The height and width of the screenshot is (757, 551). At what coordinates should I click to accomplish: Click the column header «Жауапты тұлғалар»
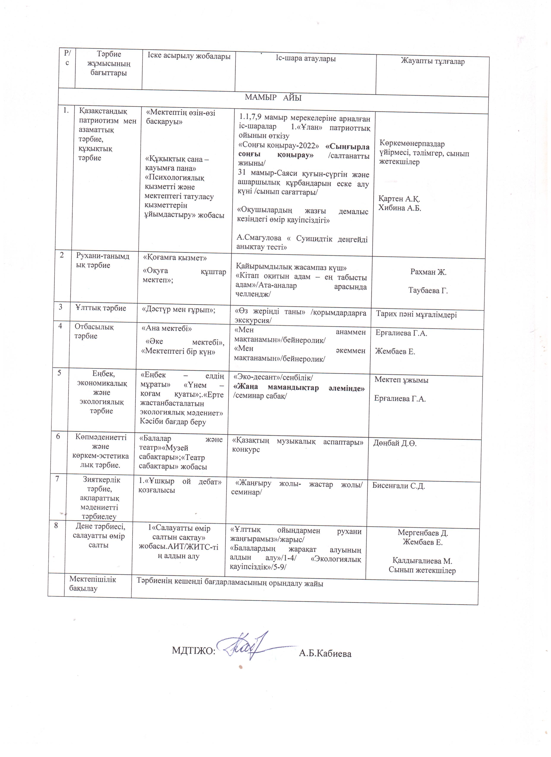(x=432, y=61)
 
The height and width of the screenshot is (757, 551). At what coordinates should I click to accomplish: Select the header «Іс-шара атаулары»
(x=306, y=59)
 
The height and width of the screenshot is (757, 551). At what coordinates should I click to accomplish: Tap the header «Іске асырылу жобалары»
(x=189, y=56)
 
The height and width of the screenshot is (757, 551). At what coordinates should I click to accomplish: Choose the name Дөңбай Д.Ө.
(x=395, y=444)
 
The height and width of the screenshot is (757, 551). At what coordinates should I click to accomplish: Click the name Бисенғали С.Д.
(x=398, y=486)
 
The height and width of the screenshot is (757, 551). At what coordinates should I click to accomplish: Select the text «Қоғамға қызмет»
(x=175, y=258)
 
